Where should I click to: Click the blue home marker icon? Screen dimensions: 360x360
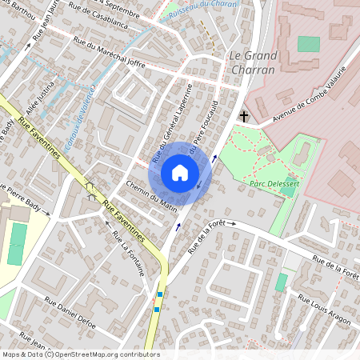click(180, 173)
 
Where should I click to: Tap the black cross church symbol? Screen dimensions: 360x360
click(242, 117)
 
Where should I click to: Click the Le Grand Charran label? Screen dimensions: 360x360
click(253, 62)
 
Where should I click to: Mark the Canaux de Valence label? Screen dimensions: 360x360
click(87, 111)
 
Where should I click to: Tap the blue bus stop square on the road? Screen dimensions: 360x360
click(159, 294)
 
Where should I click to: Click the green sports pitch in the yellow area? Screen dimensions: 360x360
click(18, 244)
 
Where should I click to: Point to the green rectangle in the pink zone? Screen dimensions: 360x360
click(308, 44)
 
